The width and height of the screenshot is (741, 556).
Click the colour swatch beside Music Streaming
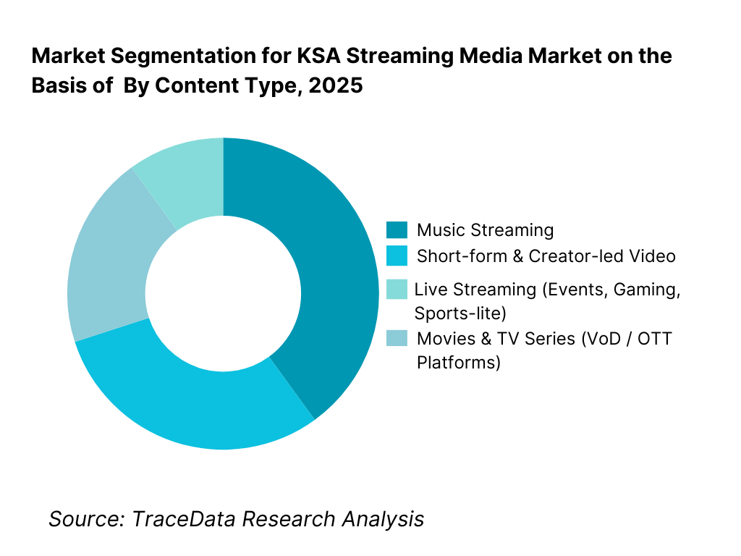[x=397, y=230]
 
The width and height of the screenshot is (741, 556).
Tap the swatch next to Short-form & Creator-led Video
[x=397, y=256]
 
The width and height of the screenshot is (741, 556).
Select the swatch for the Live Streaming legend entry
[x=397, y=289]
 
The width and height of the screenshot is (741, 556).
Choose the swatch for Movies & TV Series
[x=397, y=338]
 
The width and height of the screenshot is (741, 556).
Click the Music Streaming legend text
[x=485, y=230]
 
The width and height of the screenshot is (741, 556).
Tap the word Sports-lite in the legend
[x=460, y=313]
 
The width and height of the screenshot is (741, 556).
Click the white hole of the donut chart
[x=223, y=293]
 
